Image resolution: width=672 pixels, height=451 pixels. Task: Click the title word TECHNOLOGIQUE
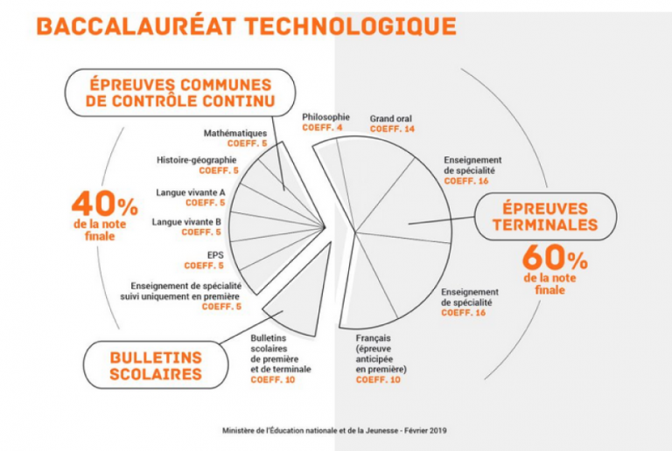(350, 26)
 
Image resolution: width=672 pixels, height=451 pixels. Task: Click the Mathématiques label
(235, 133)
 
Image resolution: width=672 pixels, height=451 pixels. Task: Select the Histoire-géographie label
(196, 160)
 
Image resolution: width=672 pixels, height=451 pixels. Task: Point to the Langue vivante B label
(186, 222)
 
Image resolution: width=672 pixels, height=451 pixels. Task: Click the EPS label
(215, 255)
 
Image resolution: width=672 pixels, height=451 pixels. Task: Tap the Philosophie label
(325, 117)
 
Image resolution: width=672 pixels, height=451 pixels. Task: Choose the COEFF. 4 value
(322, 128)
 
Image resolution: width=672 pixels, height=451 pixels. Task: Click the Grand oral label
(391, 119)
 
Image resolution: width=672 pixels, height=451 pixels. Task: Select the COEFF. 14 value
(392, 128)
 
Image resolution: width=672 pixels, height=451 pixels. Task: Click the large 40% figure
(105, 204)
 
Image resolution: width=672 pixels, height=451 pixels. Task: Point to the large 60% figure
(555, 258)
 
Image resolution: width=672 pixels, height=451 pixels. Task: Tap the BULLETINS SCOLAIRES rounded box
(156, 365)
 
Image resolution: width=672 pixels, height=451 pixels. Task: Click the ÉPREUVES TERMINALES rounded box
(545, 217)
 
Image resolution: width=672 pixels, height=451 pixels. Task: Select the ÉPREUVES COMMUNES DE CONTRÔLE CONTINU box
(180, 93)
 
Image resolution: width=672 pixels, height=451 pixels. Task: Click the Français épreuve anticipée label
(381, 353)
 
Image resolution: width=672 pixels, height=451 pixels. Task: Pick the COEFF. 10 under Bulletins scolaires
(273, 379)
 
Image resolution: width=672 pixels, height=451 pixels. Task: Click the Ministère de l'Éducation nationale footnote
(334, 431)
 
